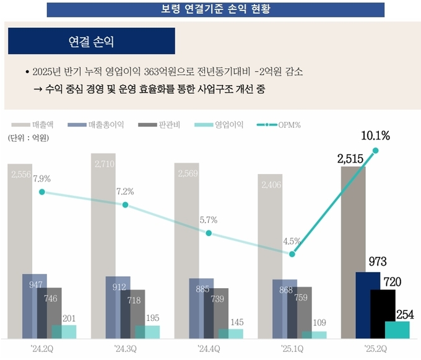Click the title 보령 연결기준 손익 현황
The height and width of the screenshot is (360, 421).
click(210, 9)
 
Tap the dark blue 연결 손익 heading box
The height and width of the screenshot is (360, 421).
click(92, 42)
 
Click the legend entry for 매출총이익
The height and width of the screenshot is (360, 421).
click(98, 125)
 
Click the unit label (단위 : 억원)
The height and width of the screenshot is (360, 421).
click(28, 138)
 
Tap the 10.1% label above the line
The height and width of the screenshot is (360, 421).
click(376, 136)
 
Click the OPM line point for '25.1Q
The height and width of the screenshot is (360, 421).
click(292, 254)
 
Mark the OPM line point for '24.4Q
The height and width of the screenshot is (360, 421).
click(209, 234)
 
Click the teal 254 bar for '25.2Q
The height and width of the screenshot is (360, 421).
click(397, 330)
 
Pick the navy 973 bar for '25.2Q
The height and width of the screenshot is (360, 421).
click(368, 305)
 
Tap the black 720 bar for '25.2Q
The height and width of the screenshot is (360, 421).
click(383, 314)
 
